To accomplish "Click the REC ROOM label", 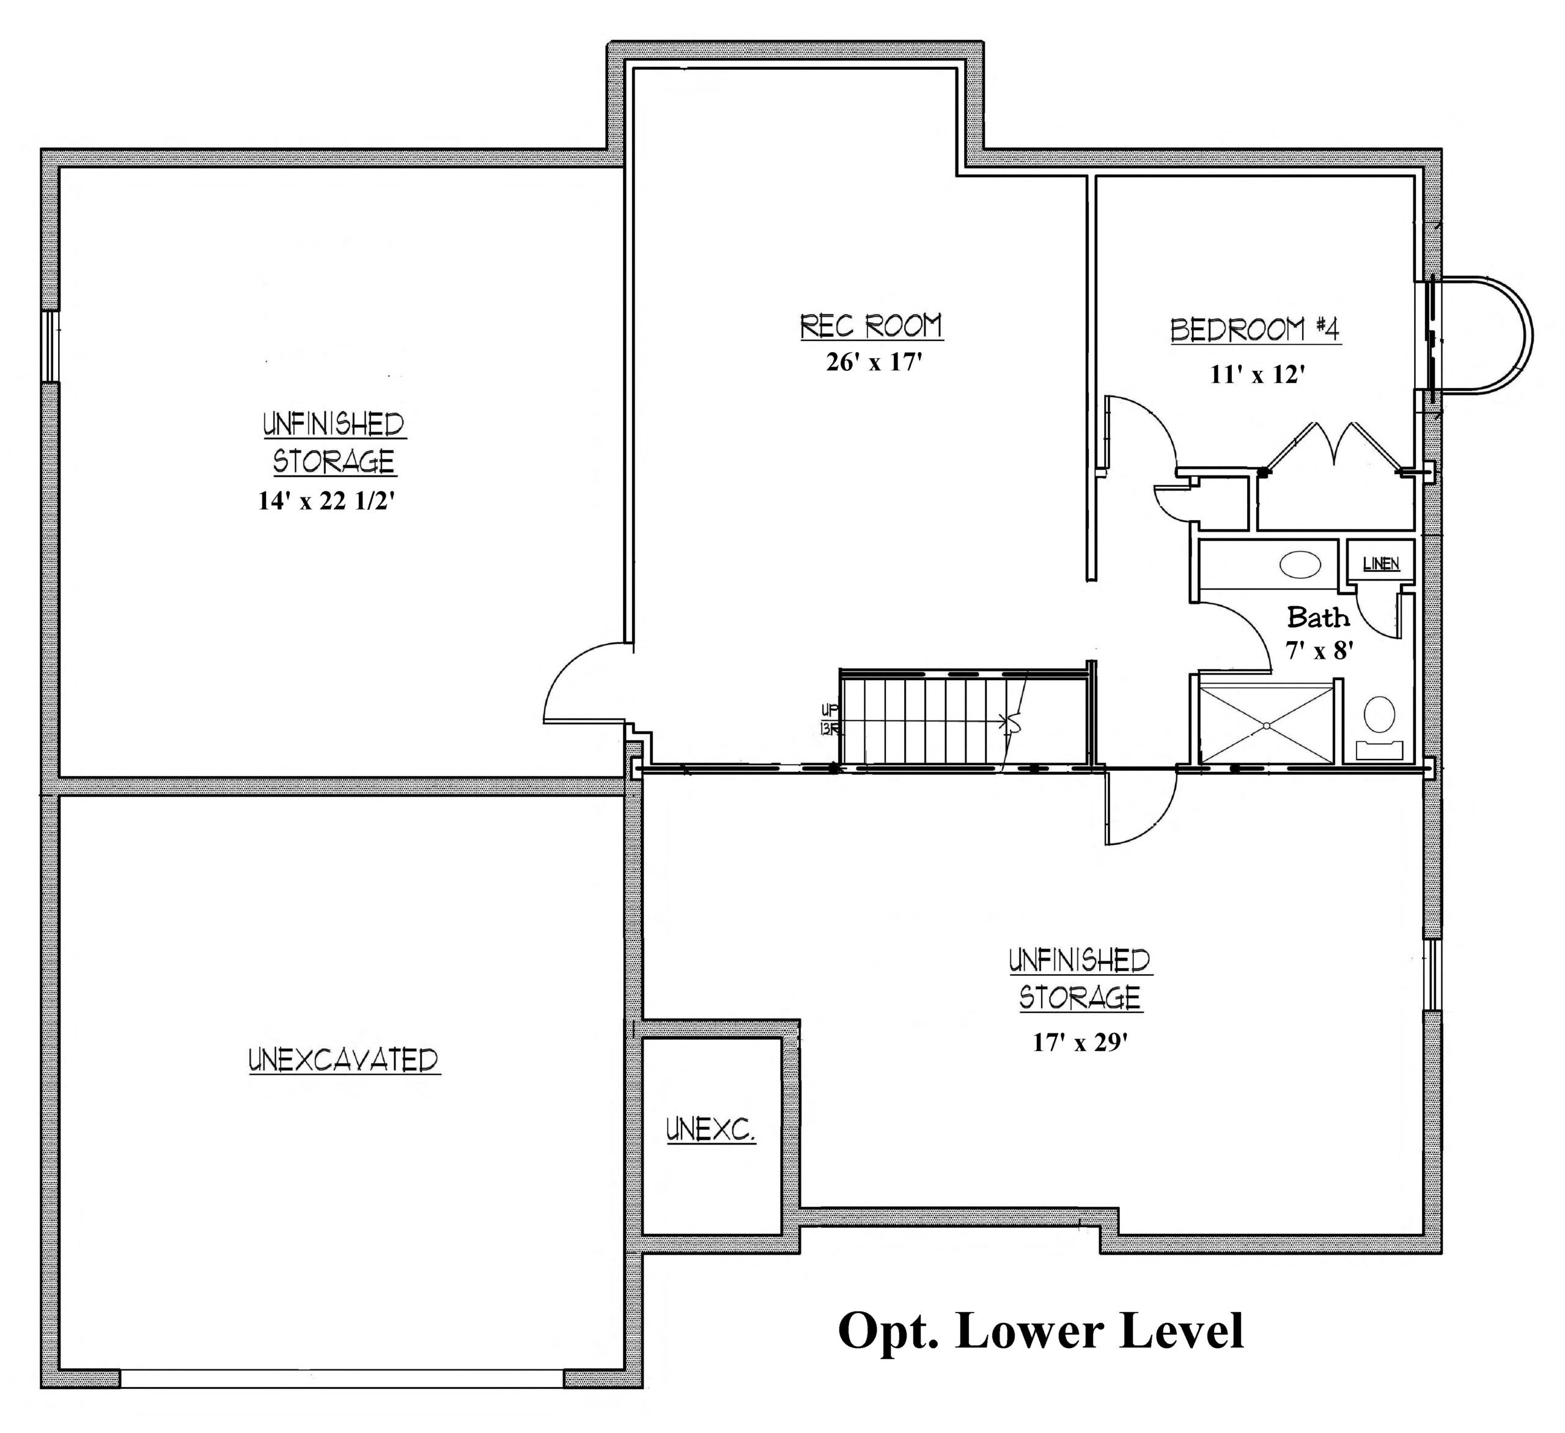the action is click(871, 327).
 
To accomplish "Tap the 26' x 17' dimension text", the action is click(874, 362).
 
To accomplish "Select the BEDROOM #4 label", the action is click(1255, 330).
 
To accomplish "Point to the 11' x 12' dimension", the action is click(1257, 374).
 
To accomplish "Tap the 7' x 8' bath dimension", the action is click(1320, 650).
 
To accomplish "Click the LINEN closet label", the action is click(1381, 564).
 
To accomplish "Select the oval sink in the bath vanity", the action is click(1300, 564).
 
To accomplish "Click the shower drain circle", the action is click(1266, 726).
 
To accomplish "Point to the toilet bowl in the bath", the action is click(1380, 714).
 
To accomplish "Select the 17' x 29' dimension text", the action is click(1079, 1043).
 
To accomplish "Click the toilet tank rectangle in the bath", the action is click(1380, 749).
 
